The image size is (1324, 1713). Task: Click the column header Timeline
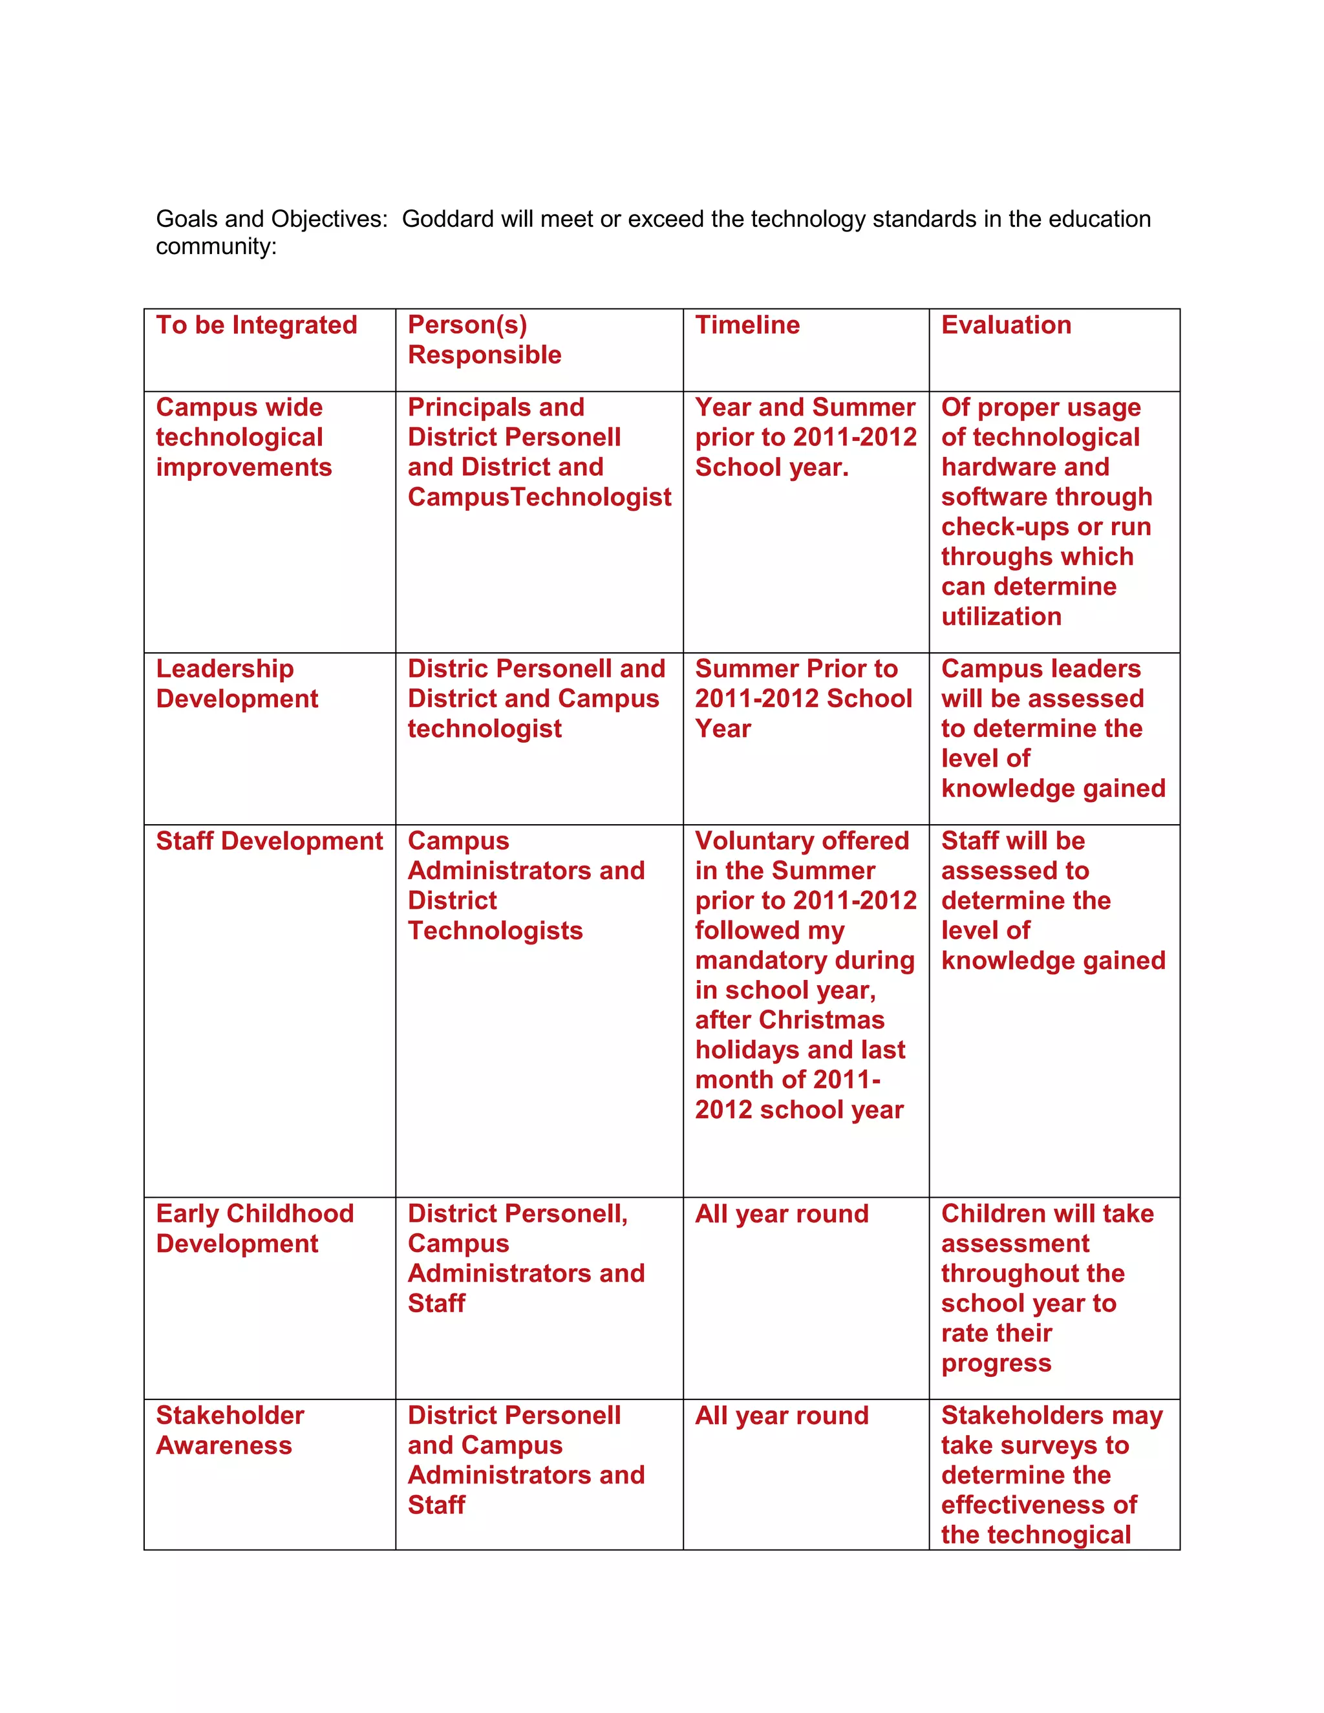(x=747, y=325)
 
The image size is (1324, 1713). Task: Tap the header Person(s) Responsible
(x=484, y=339)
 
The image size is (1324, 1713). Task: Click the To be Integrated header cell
(x=257, y=325)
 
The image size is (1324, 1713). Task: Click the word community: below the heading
(x=216, y=246)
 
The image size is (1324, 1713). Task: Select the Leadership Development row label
(x=237, y=683)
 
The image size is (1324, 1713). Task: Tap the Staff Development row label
(x=269, y=841)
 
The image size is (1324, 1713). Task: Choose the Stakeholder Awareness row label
(x=230, y=1430)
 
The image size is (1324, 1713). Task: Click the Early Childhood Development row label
(x=254, y=1228)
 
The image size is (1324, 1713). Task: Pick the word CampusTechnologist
(x=539, y=496)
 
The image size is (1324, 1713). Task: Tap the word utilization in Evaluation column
(x=1001, y=617)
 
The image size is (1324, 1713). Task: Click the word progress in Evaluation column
(x=996, y=1363)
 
